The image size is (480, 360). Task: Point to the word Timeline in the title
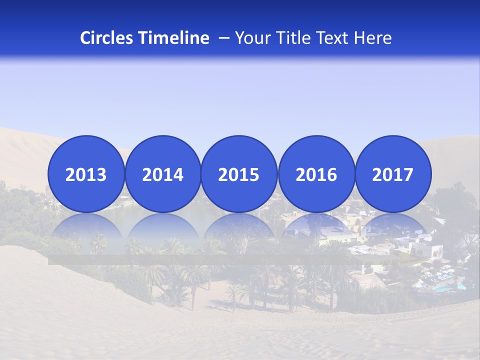[174, 38]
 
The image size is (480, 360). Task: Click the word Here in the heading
[374, 38]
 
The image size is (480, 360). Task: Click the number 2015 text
[239, 175]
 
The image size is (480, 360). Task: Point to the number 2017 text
[393, 175]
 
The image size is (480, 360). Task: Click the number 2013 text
[86, 175]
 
